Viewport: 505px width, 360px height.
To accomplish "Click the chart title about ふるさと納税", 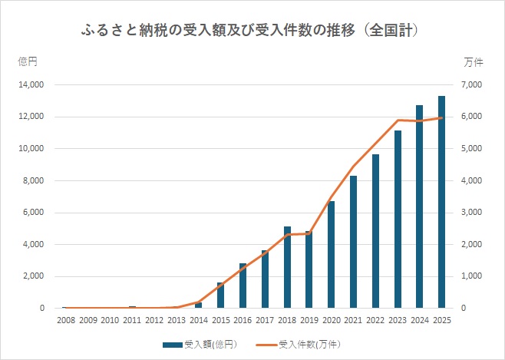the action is click(x=249, y=31).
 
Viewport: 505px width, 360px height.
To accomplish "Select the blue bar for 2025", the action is click(x=441, y=202).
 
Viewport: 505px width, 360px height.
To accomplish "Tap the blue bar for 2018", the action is click(x=287, y=267).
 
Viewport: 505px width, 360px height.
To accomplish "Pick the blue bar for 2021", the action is click(x=353, y=242).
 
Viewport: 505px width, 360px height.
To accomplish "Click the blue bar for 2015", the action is click(x=220, y=296).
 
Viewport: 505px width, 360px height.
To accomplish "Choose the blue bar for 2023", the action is click(x=398, y=220).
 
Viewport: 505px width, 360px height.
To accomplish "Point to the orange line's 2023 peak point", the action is click(x=398, y=120).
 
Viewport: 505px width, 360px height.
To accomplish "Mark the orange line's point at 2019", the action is click(x=309, y=233).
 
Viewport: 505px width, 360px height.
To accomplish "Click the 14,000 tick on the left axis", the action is click(x=31, y=84).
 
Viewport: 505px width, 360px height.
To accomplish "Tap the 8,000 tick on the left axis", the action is click(x=33, y=180).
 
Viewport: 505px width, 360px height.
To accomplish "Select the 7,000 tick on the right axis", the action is click(x=471, y=84).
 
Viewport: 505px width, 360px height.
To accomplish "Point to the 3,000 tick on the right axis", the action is click(x=471, y=212).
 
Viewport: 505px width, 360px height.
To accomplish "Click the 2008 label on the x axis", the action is click(x=66, y=320).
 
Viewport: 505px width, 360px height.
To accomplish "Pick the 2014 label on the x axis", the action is click(x=199, y=320).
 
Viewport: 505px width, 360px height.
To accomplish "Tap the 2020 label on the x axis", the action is click(x=332, y=320).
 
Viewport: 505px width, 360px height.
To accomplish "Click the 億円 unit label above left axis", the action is click(x=28, y=61).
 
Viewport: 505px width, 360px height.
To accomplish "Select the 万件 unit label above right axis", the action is click(x=474, y=62).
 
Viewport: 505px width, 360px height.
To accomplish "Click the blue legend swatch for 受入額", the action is click(x=173, y=345).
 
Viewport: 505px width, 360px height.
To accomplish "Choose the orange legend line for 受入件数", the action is click(x=266, y=345).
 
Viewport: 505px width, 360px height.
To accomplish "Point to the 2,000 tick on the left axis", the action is click(x=33, y=276).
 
